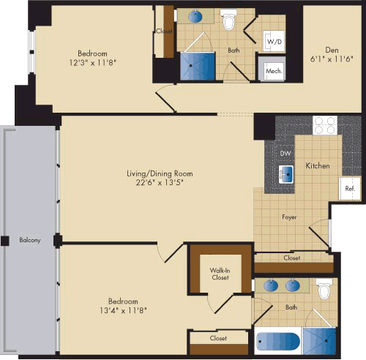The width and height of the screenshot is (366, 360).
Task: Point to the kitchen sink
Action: [x=287, y=174]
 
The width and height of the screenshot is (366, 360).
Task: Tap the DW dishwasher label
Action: [x=286, y=153]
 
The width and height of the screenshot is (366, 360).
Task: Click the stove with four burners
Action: [x=324, y=125]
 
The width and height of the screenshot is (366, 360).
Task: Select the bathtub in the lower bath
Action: [x=277, y=342]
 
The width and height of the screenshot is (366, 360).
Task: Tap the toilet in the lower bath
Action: [x=324, y=289]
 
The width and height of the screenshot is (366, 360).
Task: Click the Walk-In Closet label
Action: [x=220, y=274]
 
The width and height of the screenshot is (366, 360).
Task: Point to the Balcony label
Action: [x=30, y=240]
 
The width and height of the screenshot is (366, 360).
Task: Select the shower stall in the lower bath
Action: [x=318, y=340]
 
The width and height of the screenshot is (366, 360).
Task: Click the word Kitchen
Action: [x=317, y=166]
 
